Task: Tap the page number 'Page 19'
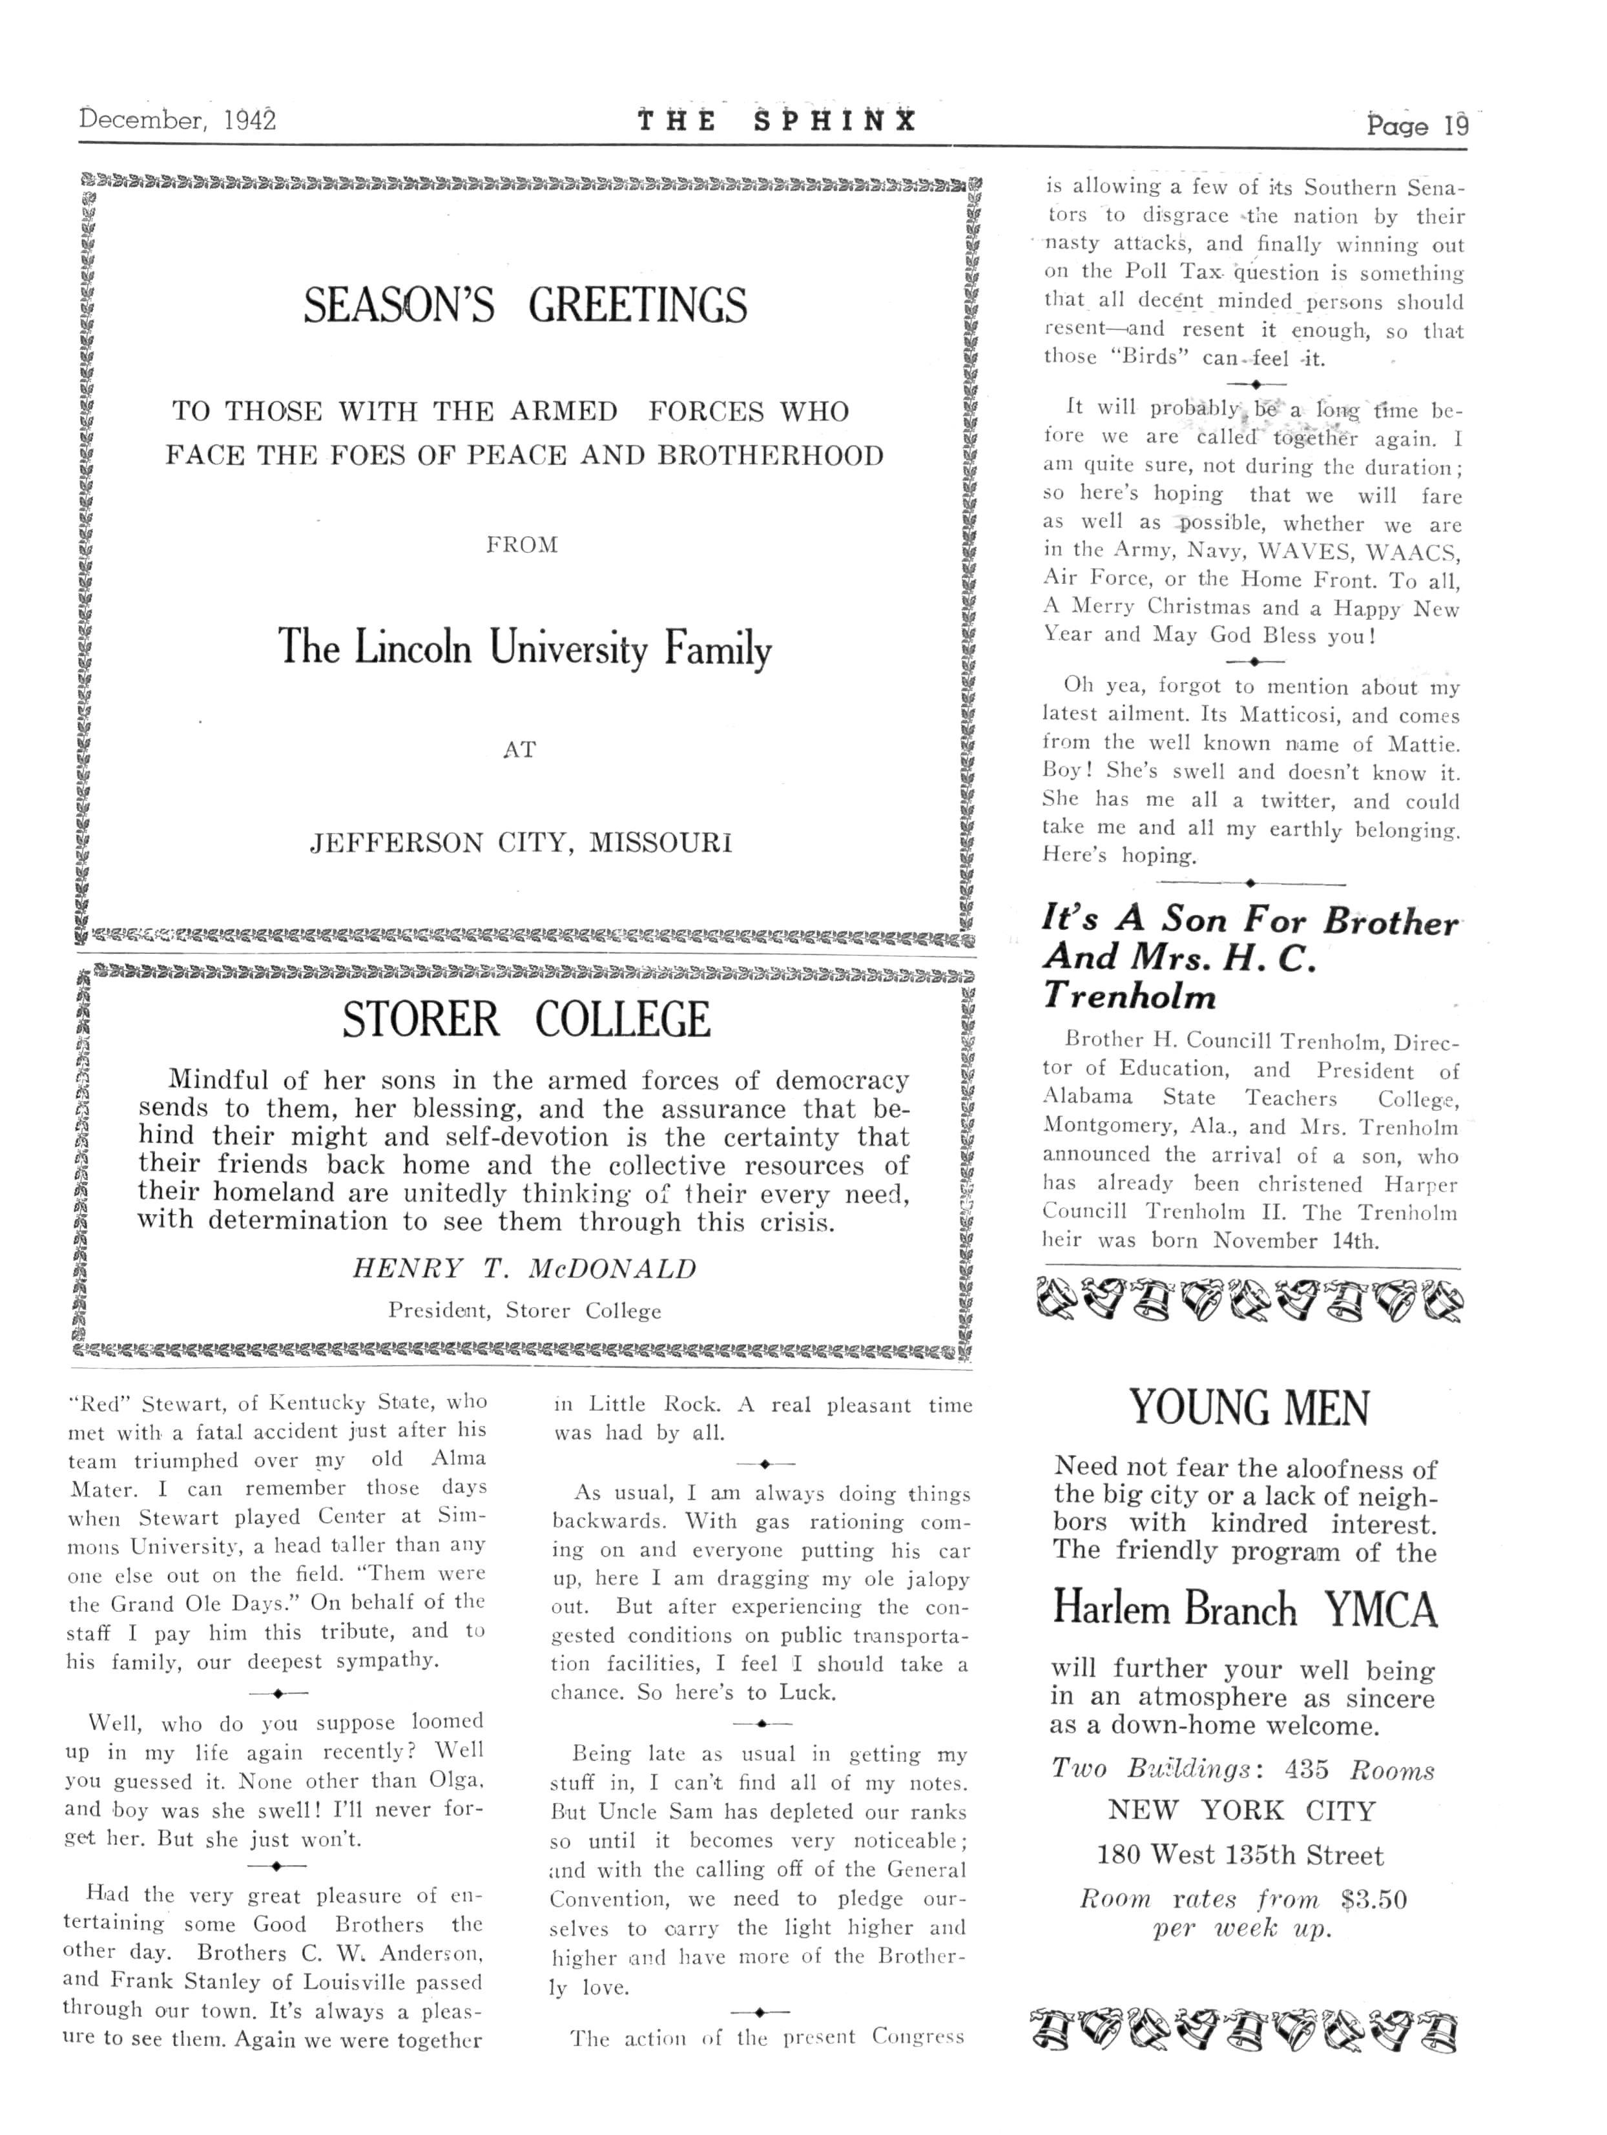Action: click(x=1416, y=125)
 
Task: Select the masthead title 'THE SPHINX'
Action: click(x=776, y=121)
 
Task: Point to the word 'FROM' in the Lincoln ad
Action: click(x=521, y=545)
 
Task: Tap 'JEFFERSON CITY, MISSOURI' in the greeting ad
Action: click(x=521, y=843)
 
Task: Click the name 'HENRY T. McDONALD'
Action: click(x=524, y=1268)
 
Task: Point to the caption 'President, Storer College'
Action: click(x=524, y=1311)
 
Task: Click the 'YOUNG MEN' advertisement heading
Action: click(x=1249, y=1408)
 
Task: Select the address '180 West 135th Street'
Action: click(x=1240, y=1855)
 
